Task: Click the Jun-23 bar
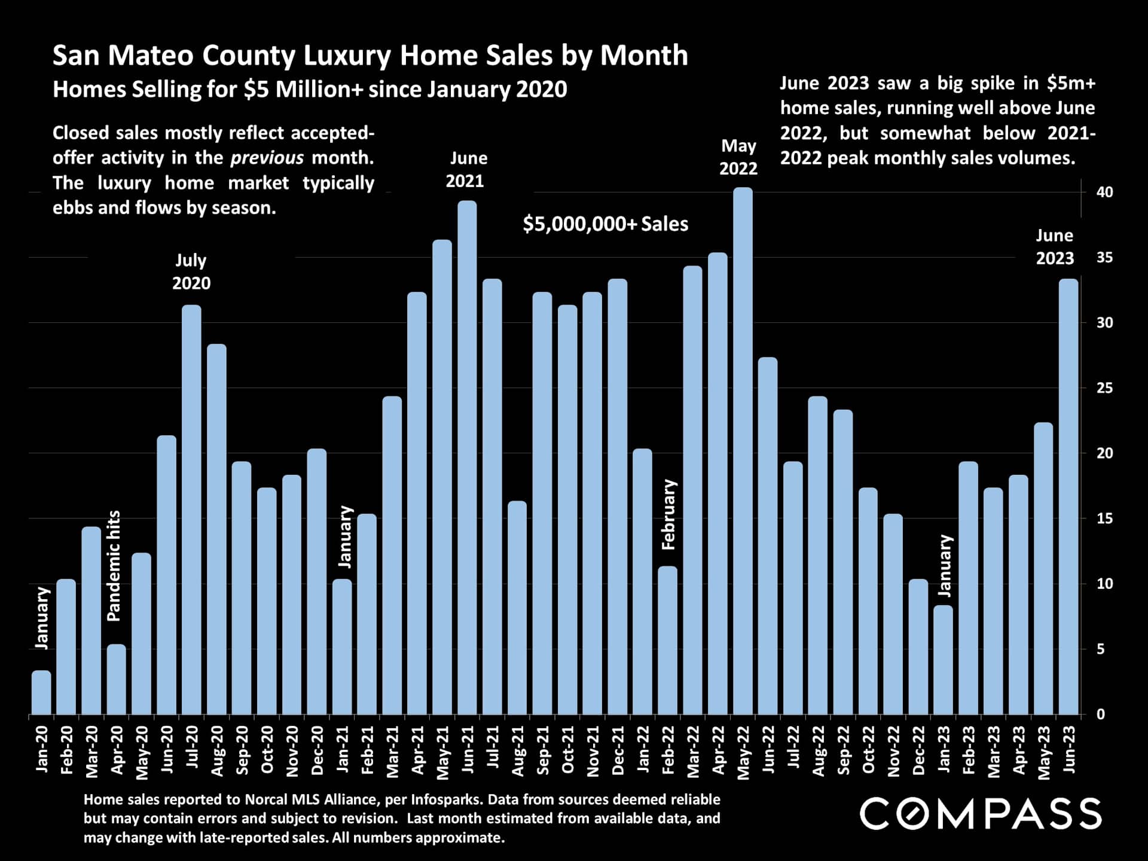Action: [1068, 497]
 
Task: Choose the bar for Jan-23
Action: [943, 660]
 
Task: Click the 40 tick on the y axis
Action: [1104, 192]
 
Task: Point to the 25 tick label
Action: [1104, 388]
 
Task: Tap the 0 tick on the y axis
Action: [1101, 714]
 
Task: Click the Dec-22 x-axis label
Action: [918, 750]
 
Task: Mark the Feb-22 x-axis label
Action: [668, 750]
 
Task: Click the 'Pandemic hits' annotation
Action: [114, 566]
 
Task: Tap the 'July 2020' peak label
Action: [191, 271]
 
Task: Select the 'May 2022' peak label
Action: [738, 157]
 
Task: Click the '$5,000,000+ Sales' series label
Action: [605, 224]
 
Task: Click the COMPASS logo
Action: [981, 814]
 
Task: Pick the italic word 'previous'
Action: [267, 158]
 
